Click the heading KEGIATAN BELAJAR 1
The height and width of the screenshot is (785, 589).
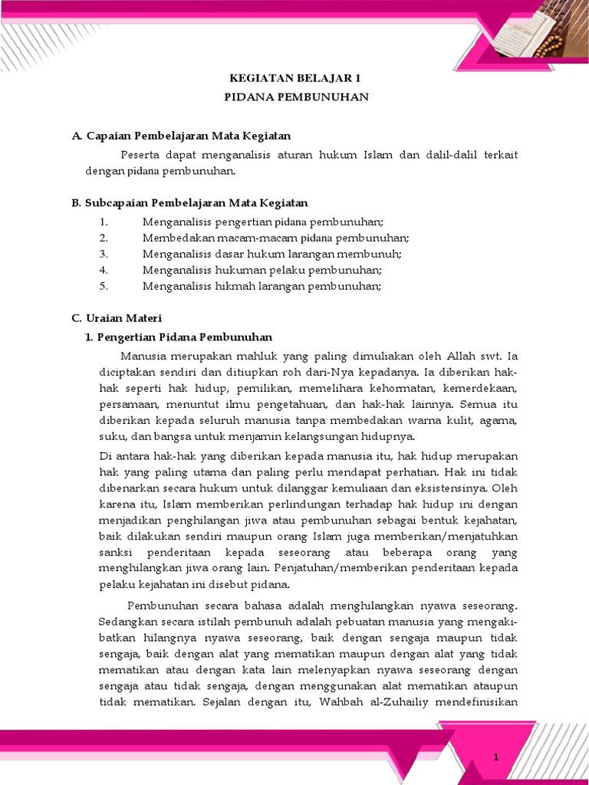click(x=296, y=78)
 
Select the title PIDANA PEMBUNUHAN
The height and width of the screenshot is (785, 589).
click(x=296, y=97)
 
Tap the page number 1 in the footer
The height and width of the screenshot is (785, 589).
click(x=496, y=757)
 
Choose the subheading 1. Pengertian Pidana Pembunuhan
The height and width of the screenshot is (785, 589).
click(x=178, y=337)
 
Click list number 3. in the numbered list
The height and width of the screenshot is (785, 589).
click(x=104, y=254)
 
